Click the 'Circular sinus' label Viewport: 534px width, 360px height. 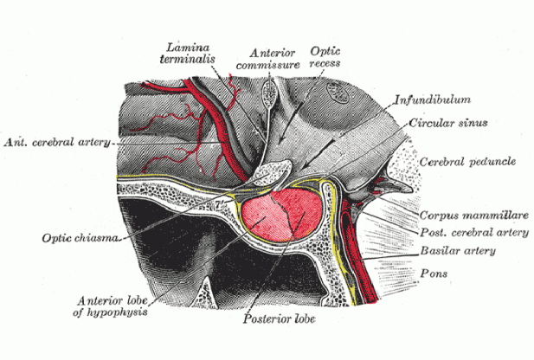(449, 123)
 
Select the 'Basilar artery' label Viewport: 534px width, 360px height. (457, 251)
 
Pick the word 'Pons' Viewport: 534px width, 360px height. (434, 272)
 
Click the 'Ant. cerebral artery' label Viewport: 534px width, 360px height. (57, 143)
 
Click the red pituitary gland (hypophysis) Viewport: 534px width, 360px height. (279, 219)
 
